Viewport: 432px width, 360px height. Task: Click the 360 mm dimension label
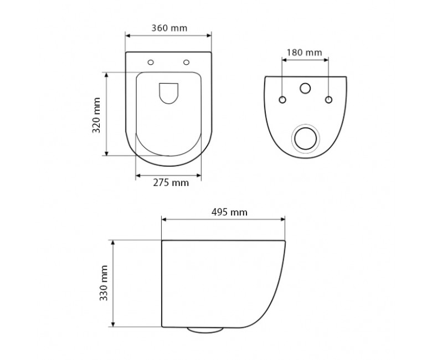[x=169, y=28]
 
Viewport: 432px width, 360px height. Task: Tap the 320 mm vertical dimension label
[x=96, y=115]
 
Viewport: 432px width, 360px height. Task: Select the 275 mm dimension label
[x=171, y=183]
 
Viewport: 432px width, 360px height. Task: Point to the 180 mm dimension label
[x=305, y=52]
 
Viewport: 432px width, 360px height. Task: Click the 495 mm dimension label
[x=229, y=212]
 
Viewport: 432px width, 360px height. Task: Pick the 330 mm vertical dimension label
[x=104, y=283]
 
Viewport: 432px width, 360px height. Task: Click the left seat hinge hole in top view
[x=151, y=63]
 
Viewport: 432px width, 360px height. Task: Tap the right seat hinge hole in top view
[x=186, y=63]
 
